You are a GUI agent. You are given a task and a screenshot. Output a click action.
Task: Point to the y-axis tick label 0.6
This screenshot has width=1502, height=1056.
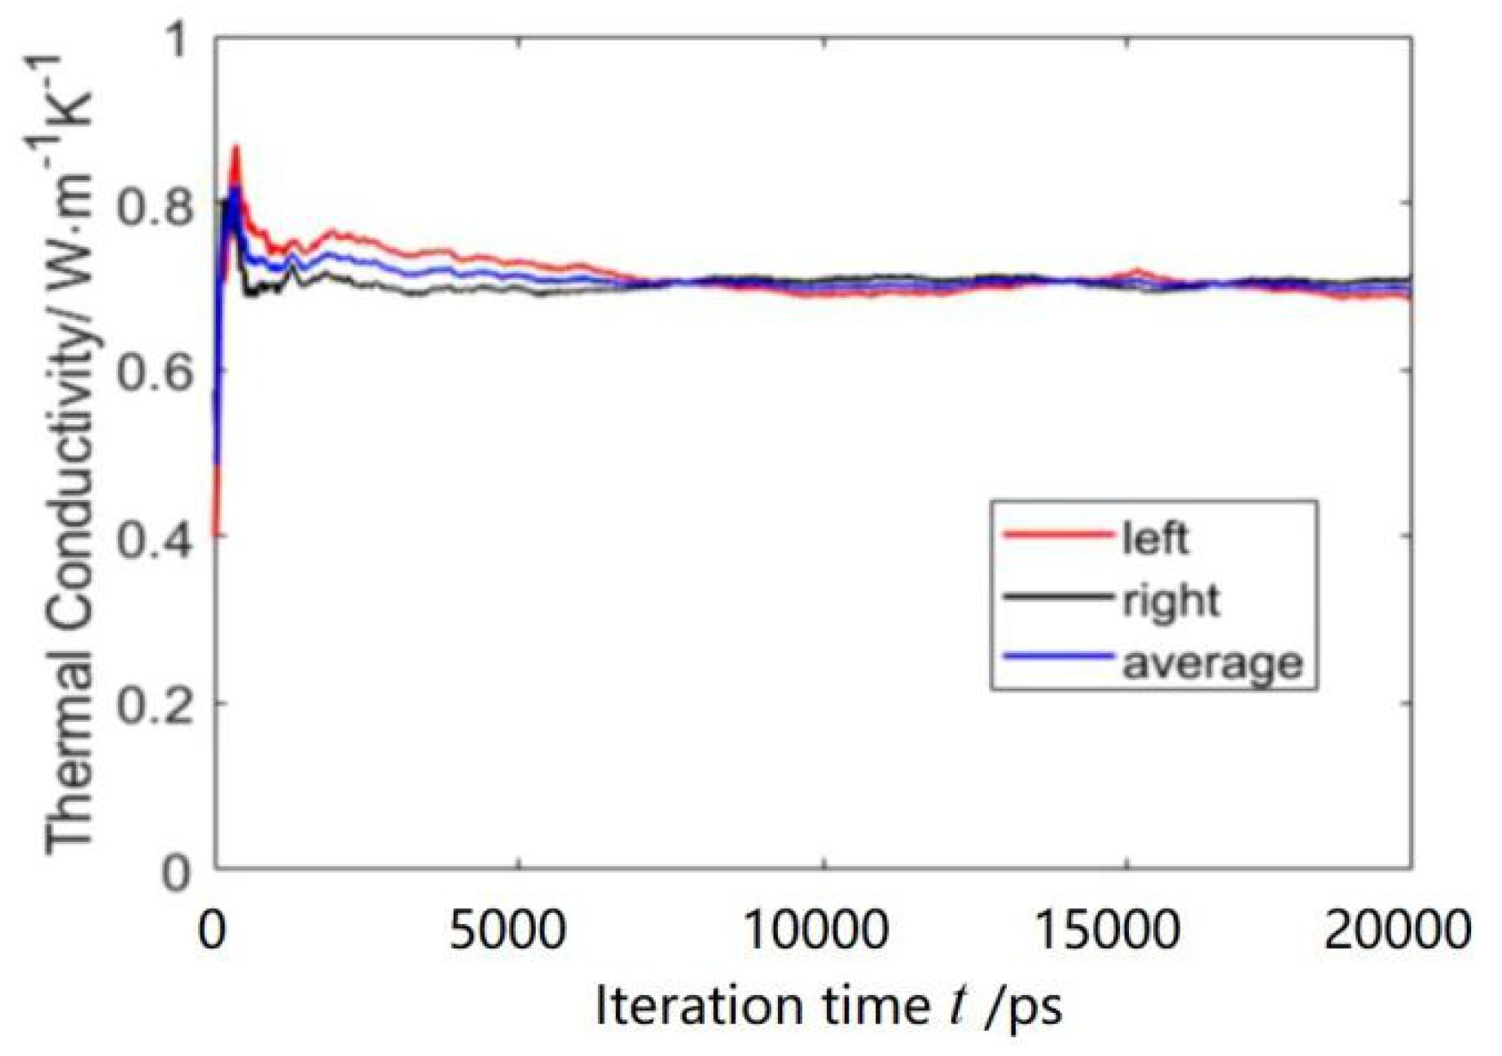coord(156,374)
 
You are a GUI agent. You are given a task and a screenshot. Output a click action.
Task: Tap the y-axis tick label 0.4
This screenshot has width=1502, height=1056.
coord(156,540)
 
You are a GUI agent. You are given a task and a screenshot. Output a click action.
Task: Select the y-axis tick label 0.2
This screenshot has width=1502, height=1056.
coord(156,705)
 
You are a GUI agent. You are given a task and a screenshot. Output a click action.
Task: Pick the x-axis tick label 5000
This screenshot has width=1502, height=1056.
coord(507,929)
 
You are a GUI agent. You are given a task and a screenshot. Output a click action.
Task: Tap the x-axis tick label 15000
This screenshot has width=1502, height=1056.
coord(1108,929)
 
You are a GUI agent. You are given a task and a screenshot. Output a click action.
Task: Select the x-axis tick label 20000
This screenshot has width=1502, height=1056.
coord(1398,929)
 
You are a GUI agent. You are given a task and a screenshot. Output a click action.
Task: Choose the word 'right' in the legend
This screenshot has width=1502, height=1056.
coord(1171,602)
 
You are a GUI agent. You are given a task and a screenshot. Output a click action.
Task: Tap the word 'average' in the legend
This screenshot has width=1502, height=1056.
coord(1213,664)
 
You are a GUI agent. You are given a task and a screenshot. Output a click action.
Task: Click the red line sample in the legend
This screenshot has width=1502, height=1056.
coord(1058,534)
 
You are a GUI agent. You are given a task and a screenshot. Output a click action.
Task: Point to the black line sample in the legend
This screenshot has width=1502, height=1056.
coord(1058,597)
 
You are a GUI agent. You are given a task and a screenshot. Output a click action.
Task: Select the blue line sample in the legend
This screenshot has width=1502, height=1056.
coord(1058,656)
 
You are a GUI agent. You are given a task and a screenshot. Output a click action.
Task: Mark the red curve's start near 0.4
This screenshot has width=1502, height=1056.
coord(216,533)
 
